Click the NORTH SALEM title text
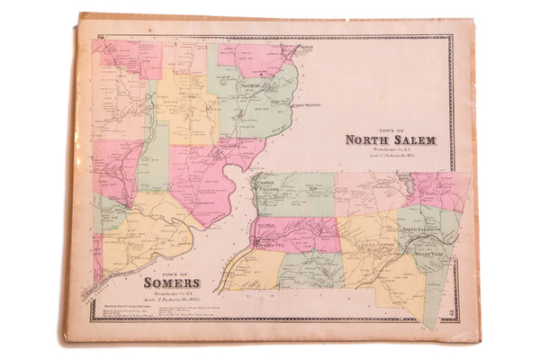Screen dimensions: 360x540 (390, 140)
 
